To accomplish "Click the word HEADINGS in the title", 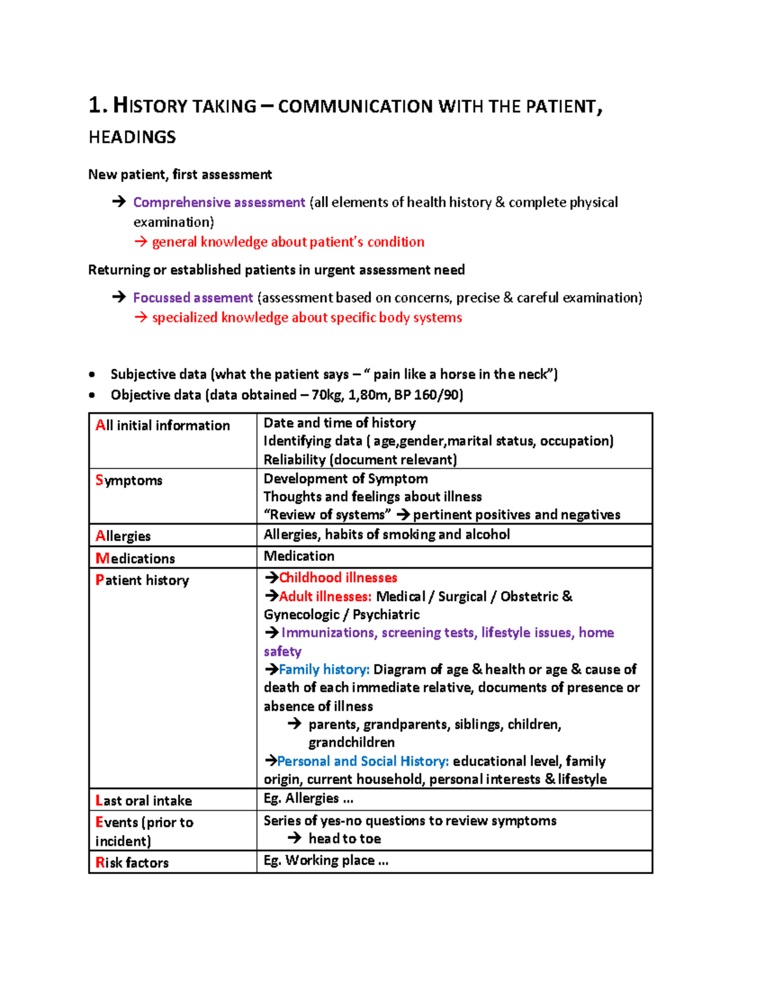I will point(132,137).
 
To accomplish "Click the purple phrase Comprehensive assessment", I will point(219,203).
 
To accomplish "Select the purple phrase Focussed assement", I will point(193,298).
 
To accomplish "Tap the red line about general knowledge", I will point(288,242).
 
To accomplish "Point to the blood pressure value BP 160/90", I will point(428,395).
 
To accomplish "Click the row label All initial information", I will point(163,426).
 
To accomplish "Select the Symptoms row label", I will point(129,481).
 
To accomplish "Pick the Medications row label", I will point(135,558).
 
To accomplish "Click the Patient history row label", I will point(142,580).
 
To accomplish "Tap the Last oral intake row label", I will point(143,801).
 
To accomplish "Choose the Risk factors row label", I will point(132,863).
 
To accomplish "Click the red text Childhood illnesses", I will point(338,578).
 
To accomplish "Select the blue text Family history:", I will point(324,669).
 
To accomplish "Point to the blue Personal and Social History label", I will point(363,761).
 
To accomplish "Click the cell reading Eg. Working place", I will point(326,861).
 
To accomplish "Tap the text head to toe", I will point(344,839).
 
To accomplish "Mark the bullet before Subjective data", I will point(92,375).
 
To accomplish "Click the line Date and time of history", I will point(339,423).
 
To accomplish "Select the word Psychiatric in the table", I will point(386,615).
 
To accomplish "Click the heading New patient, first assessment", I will point(180,175).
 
